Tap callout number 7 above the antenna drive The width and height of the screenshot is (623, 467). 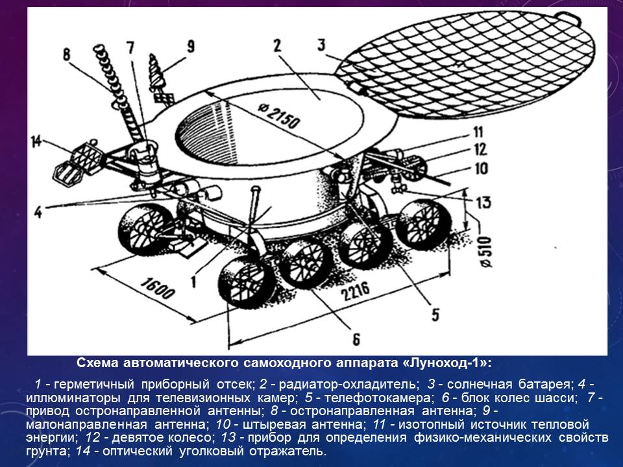pos(130,47)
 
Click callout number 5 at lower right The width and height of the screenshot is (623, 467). pos(435,315)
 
